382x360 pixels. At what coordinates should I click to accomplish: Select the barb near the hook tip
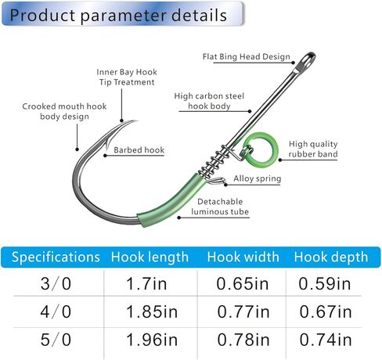(107, 144)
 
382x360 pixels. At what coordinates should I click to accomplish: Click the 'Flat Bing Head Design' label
(247, 56)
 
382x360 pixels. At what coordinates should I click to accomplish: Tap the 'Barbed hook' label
(139, 150)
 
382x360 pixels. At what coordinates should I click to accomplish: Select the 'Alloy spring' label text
(258, 178)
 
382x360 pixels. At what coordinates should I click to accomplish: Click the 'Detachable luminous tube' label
(220, 207)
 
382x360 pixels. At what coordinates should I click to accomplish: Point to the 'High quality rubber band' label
(313, 149)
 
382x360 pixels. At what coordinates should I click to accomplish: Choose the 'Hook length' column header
(150, 257)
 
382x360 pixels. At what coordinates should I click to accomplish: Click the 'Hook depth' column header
(331, 257)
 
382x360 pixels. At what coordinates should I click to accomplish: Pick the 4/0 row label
(56, 311)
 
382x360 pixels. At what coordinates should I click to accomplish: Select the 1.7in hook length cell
(146, 283)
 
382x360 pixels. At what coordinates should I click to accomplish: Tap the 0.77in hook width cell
(243, 311)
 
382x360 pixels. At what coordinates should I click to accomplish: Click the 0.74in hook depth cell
(326, 340)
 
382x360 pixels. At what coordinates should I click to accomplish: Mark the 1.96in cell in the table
(152, 340)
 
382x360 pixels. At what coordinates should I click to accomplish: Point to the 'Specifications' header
(56, 257)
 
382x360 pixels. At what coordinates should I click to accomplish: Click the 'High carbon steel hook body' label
(209, 101)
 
